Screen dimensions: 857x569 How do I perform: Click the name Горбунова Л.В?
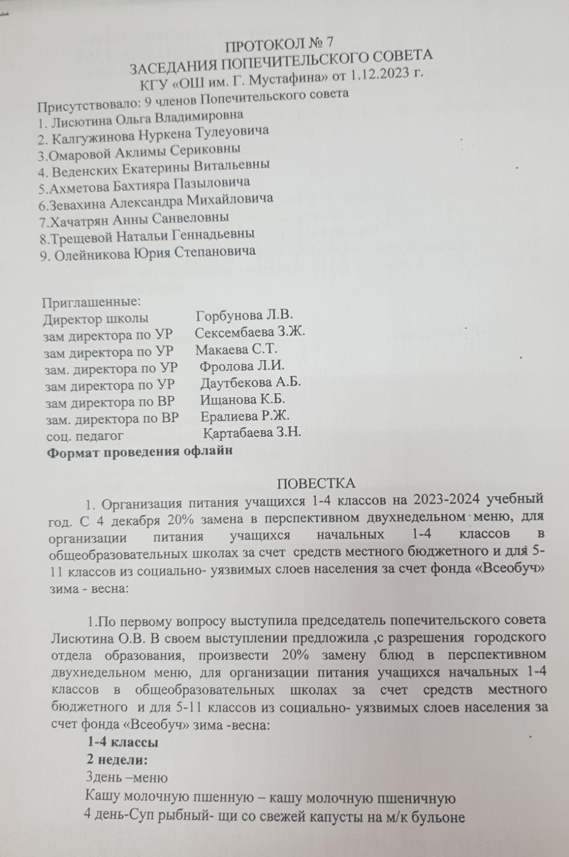click(244, 315)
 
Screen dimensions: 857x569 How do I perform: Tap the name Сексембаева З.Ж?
click(250, 332)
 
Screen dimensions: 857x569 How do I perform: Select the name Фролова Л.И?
click(242, 366)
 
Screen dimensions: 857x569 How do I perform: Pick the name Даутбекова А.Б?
click(251, 382)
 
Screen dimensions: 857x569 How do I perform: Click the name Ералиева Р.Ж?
click(245, 416)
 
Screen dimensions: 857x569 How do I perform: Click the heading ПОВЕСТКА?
click(316, 483)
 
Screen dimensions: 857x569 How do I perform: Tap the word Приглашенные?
click(91, 302)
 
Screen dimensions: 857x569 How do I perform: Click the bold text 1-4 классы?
click(123, 742)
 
